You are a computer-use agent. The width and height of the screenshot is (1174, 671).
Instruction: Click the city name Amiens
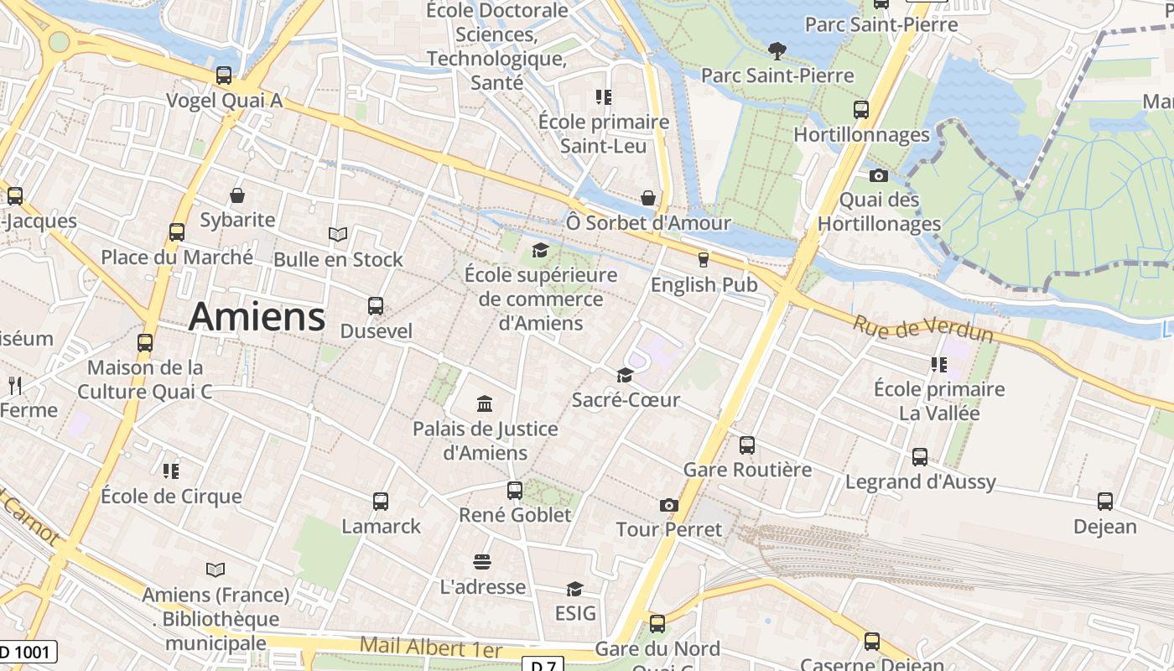click(257, 317)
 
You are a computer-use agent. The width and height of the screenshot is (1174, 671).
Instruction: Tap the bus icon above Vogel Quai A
click(224, 75)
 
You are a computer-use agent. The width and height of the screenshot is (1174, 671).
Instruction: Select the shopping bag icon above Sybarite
click(237, 195)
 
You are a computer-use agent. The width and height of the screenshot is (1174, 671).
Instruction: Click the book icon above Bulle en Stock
click(338, 234)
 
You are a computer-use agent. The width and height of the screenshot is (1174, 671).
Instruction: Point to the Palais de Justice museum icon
click(485, 404)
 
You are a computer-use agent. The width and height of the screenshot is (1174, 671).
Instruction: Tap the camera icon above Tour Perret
click(668, 505)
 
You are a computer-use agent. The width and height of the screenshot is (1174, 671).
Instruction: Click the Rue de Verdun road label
click(922, 329)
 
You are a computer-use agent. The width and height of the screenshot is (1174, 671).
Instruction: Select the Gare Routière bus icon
click(747, 445)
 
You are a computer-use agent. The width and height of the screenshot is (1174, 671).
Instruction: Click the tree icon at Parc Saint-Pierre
click(777, 51)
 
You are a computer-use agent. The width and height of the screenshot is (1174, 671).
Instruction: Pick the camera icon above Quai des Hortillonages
click(878, 175)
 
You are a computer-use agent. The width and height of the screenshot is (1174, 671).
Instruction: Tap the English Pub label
click(704, 285)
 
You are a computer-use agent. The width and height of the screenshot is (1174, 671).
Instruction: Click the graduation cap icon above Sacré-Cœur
click(625, 375)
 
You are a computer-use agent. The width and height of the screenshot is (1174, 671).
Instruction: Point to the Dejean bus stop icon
click(1105, 502)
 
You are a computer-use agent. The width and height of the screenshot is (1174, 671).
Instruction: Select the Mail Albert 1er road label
click(430, 648)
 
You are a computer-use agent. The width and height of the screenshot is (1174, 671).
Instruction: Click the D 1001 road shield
click(28, 652)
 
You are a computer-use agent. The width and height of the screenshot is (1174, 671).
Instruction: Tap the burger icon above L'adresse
click(482, 561)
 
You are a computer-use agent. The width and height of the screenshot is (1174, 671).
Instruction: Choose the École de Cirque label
click(171, 496)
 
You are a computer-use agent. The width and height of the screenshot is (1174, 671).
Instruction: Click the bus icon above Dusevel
click(376, 306)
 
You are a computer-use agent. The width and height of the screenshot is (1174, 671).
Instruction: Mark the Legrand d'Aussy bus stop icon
click(920, 457)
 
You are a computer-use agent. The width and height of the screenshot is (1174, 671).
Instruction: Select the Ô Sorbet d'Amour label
click(648, 224)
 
